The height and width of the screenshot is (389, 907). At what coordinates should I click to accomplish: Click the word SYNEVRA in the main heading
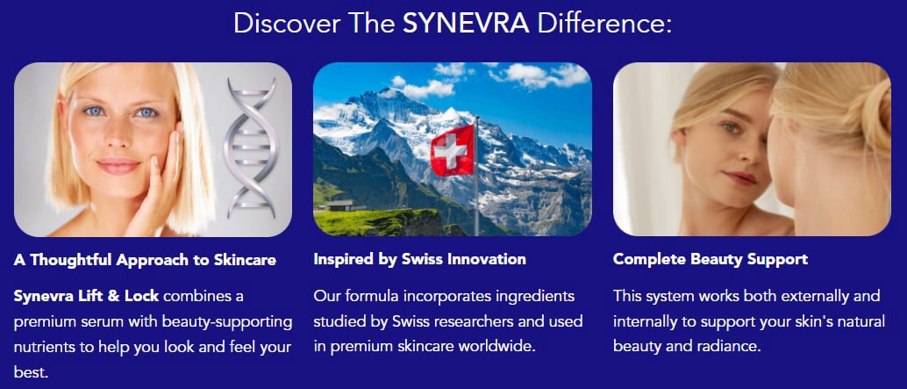(x=466, y=24)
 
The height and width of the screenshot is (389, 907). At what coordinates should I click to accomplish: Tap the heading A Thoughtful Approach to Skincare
(x=145, y=260)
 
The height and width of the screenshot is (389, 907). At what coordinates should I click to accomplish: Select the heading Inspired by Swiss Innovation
(x=419, y=260)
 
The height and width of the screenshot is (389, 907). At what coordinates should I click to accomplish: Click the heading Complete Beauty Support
(x=711, y=260)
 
